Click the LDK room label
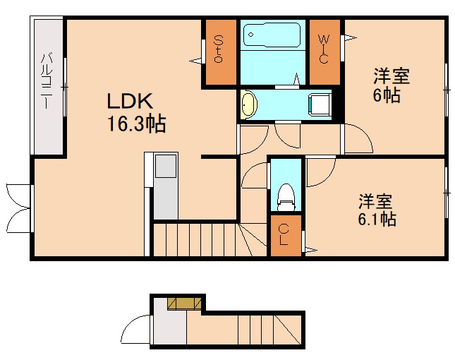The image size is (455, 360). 131,100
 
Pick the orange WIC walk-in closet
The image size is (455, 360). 324,49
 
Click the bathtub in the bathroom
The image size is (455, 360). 272,36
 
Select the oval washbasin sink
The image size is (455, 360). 249,104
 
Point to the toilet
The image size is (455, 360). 286,196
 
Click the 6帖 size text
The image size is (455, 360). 386,95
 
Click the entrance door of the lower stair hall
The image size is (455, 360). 136,330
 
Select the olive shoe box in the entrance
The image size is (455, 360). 186,303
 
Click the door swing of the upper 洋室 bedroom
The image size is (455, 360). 358,140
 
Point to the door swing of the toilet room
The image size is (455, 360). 255,176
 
